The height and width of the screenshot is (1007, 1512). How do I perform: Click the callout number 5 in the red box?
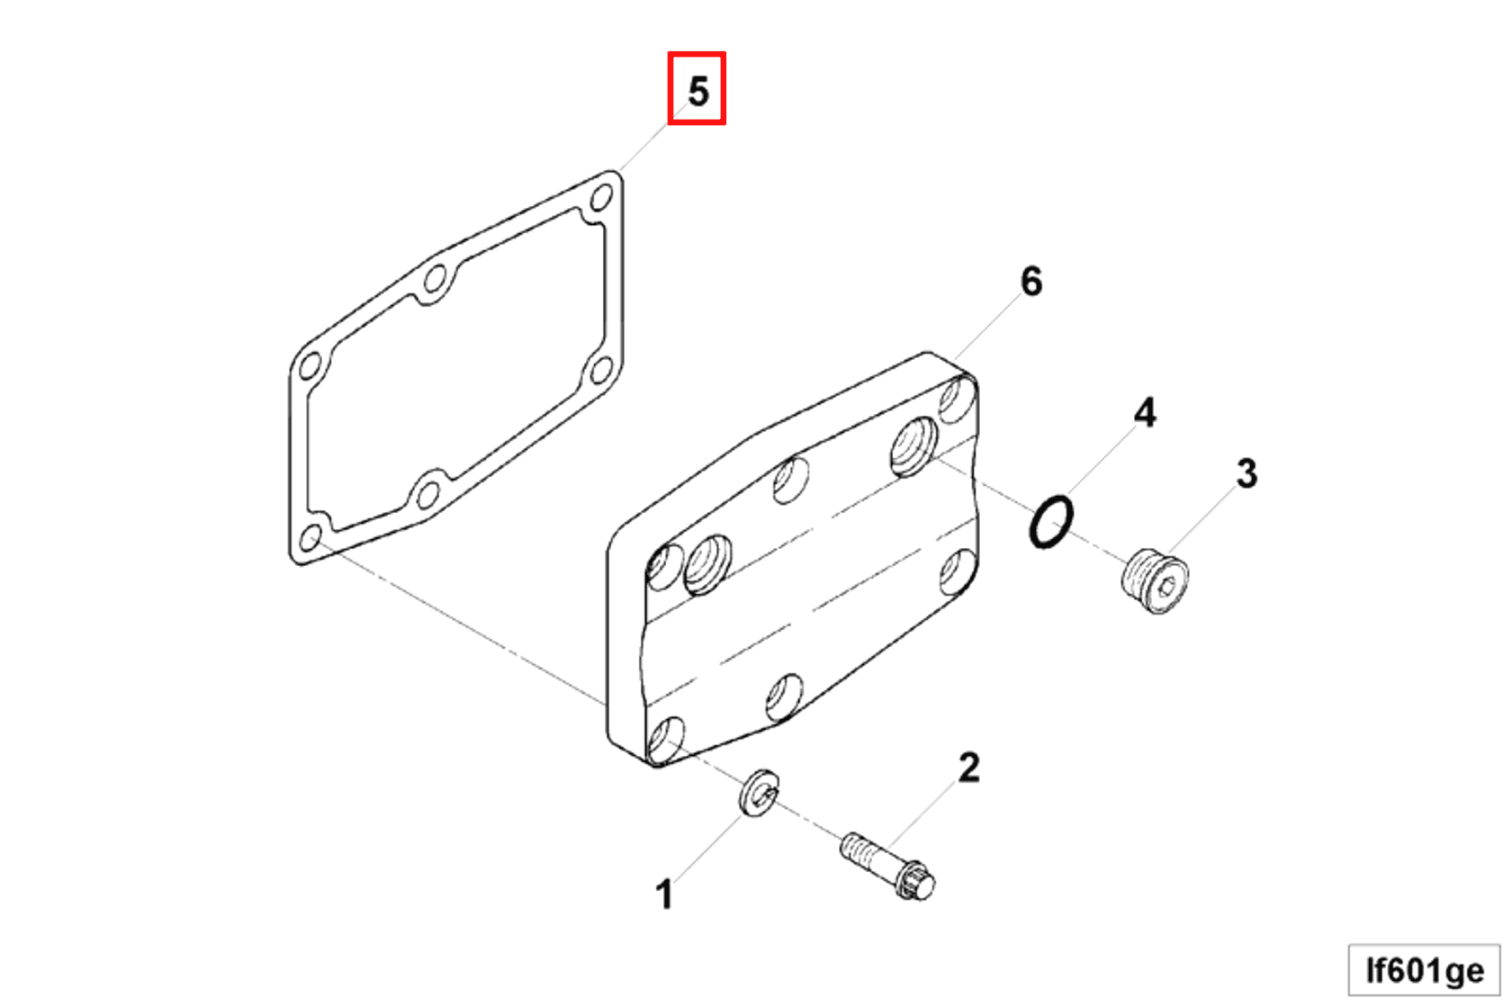[697, 91]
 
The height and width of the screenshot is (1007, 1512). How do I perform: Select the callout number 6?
[1031, 282]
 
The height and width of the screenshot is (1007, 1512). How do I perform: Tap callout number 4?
[1144, 413]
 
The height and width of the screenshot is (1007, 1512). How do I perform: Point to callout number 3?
[1246, 473]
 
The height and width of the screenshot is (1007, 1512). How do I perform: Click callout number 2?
[968, 768]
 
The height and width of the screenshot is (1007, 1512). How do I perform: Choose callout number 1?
[663, 895]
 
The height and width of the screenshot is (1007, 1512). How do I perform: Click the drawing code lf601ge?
[1424, 971]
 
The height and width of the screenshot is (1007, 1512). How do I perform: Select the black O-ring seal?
[1050, 522]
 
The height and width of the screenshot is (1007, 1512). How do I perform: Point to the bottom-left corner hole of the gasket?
[310, 538]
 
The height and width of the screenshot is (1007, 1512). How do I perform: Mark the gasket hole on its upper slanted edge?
[436, 278]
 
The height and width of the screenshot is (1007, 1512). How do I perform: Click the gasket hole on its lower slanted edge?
[428, 494]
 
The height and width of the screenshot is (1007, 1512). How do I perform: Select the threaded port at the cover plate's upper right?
[914, 445]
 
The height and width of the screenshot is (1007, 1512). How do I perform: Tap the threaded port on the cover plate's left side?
[708, 564]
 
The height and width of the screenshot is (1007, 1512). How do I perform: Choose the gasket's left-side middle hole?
[310, 367]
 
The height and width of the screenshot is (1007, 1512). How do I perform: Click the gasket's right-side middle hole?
[601, 368]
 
